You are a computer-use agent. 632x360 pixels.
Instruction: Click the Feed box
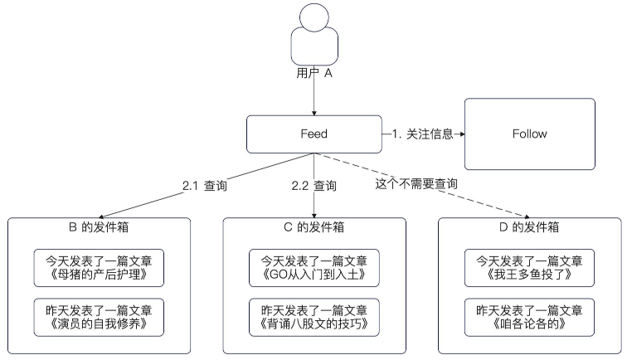(x=314, y=134)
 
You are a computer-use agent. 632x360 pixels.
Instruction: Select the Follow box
(x=530, y=134)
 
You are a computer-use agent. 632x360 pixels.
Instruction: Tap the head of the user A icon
(x=314, y=17)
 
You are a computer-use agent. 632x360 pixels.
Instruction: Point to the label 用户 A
(x=314, y=73)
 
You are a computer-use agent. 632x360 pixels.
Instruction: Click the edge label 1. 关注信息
(x=422, y=134)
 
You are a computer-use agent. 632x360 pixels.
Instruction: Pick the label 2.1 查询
(x=205, y=186)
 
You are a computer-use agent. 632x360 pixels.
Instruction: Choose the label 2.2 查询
(x=314, y=186)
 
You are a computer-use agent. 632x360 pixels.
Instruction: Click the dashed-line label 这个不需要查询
(x=416, y=184)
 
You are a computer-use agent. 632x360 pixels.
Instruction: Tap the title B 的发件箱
(x=99, y=227)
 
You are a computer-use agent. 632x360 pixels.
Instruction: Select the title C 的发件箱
(x=314, y=227)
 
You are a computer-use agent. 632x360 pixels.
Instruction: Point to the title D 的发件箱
(x=529, y=227)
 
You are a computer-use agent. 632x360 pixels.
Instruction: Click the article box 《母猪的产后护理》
(x=99, y=268)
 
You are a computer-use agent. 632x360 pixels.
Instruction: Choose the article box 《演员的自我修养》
(x=99, y=317)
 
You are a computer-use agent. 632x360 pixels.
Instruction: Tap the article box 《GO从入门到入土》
(x=314, y=268)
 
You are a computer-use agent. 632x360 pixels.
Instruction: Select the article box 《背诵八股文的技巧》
(x=314, y=317)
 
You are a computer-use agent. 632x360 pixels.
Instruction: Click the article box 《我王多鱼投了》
(x=529, y=268)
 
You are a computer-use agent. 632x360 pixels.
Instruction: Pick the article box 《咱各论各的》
(x=529, y=317)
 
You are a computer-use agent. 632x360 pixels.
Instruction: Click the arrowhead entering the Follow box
(x=462, y=134)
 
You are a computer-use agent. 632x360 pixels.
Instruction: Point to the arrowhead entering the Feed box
(x=314, y=113)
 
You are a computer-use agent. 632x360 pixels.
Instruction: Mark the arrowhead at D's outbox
(x=527, y=216)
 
